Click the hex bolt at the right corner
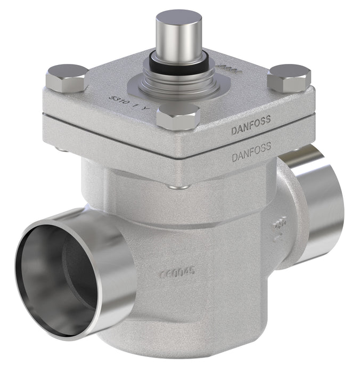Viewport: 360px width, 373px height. pos(289,78)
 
